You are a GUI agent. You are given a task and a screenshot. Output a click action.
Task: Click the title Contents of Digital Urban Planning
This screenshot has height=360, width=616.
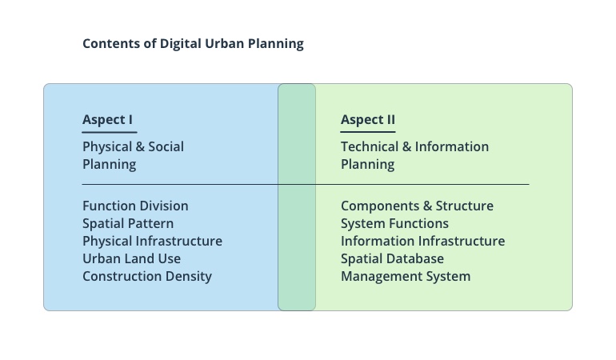[x=193, y=43]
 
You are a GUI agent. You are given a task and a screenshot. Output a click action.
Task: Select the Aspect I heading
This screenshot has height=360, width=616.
[x=107, y=120]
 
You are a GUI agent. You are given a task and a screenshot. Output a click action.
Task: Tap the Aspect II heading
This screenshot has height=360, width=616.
[x=368, y=120]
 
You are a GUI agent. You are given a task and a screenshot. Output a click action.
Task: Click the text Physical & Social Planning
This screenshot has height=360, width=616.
[x=133, y=155]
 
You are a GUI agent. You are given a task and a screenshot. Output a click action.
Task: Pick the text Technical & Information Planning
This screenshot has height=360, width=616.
[x=414, y=155]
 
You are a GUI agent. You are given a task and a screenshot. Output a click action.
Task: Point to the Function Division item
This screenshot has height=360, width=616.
[x=135, y=206]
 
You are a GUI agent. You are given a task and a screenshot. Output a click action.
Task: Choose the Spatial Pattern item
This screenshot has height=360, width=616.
[x=128, y=223]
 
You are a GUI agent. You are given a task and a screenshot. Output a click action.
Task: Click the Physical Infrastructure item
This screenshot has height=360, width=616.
[x=152, y=241]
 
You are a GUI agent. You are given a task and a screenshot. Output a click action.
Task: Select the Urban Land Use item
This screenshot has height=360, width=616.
[x=131, y=258]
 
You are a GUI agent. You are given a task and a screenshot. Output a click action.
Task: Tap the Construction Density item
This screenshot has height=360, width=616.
[x=147, y=276]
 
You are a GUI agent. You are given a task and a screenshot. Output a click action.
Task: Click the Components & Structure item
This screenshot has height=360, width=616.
[x=417, y=206]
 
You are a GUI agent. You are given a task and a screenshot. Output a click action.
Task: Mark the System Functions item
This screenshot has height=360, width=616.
[x=394, y=223]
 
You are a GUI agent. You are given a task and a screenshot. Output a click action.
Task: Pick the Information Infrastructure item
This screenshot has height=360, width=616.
[x=422, y=241]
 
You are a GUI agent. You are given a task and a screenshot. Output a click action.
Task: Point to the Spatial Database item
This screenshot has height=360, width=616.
[x=392, y=258]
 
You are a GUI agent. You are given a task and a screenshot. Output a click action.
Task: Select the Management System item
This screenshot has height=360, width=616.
[x=406, y=276]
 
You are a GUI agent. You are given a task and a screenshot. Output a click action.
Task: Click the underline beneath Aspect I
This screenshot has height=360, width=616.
[x=110, y=132]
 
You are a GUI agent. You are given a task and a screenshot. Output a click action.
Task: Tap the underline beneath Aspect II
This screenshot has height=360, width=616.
[x=368, y=132]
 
